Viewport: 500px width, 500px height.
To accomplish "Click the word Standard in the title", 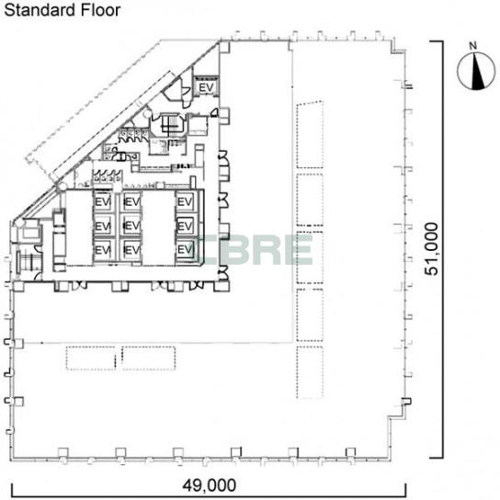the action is coord(40,10).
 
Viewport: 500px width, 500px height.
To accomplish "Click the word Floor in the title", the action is coord(100,10).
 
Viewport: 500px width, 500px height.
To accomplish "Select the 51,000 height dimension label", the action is coord(431,249).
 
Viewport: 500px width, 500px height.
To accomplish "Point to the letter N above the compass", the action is coord(473,46).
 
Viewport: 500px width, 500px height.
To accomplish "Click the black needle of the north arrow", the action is coord(477,71).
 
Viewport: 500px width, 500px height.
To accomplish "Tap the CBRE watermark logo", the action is coord(256,250).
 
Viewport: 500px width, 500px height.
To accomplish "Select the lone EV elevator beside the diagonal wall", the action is coord(206,87).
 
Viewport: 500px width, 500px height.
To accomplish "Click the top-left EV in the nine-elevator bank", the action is coord(103,202).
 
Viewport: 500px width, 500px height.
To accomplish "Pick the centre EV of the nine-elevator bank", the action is coord(131,226).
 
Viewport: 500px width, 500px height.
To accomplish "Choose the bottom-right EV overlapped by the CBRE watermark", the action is coord(185,249).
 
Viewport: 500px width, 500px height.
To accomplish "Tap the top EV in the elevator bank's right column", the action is coord(185,202).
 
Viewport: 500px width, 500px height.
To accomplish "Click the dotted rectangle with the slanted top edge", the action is coord(310,135).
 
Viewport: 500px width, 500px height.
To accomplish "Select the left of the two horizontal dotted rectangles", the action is coord(91,358).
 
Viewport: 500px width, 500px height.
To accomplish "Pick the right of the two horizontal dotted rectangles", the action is coord(148,358).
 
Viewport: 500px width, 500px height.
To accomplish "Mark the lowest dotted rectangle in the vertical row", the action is coord(310,372).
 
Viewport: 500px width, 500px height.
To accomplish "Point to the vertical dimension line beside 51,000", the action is coord(442,249).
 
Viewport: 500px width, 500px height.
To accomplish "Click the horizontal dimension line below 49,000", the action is coord(209,495).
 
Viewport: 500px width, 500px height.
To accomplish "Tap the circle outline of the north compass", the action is coord(458,71).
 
